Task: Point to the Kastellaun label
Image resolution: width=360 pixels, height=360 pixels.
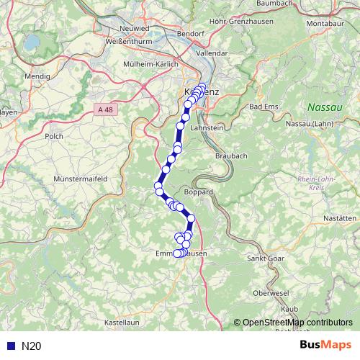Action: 122,322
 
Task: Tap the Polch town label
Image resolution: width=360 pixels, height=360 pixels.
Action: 54,135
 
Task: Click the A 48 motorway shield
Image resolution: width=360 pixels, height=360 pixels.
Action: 104,109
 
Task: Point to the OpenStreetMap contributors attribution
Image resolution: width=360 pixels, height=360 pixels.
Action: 297,323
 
